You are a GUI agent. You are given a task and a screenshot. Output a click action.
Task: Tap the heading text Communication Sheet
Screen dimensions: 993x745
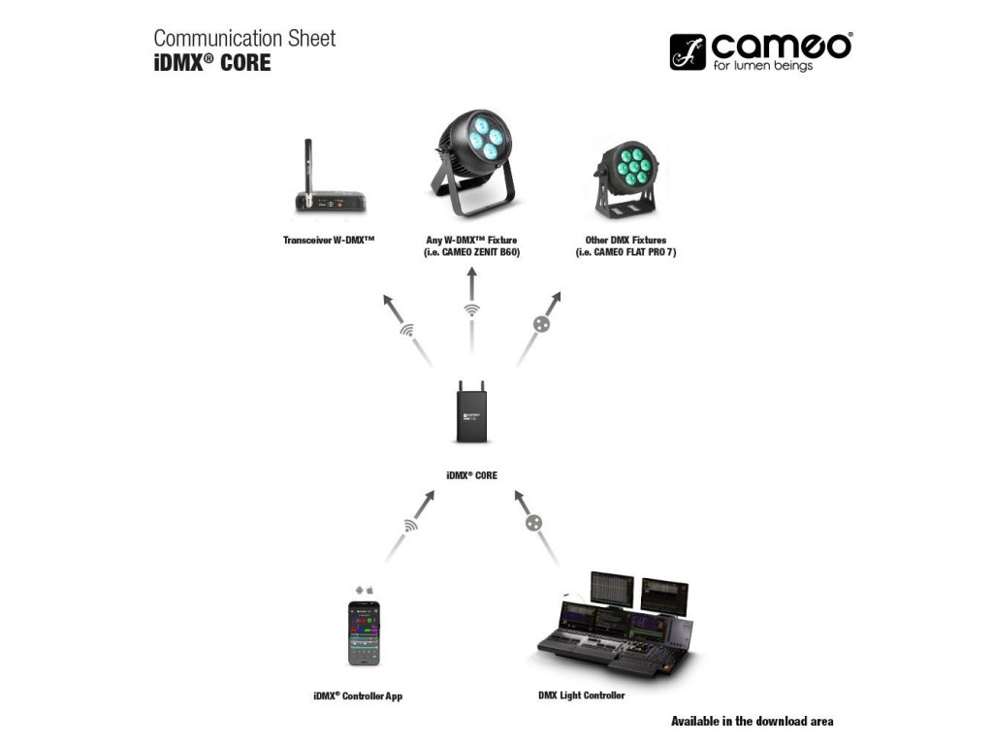pos(244,39)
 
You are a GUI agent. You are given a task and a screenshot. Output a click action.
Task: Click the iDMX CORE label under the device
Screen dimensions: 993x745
pos(471,476)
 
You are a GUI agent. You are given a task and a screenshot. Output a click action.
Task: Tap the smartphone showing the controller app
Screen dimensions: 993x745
pos(364,632)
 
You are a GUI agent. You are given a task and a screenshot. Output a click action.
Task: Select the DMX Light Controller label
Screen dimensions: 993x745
pos(581,696)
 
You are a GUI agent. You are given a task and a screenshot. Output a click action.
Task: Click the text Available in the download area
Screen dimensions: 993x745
pos(752,722)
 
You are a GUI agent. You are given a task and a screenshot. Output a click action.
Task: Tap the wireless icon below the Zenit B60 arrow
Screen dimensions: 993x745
pos(472,311)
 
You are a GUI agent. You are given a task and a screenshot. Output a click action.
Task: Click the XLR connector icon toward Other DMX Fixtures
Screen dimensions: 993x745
pos(542,324)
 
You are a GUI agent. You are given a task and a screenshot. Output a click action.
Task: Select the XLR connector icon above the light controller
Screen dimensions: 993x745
pos(532,523)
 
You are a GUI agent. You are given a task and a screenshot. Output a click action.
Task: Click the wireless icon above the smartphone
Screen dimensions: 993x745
pos(412,525)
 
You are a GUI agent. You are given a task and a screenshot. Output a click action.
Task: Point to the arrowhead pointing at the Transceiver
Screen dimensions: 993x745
pos(389,301)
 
